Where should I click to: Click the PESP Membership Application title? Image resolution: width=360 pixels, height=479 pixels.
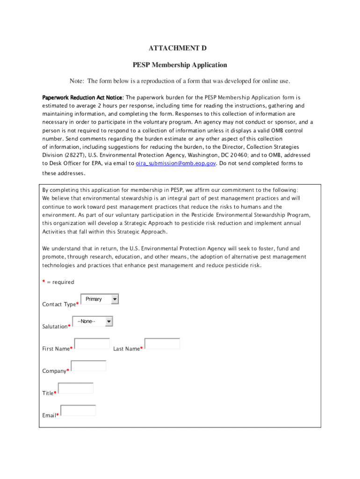(x=180, y=65)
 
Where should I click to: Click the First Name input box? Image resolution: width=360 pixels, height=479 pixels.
(x=92, y=344)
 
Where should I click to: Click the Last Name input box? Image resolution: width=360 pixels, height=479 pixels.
(x=162, y=344)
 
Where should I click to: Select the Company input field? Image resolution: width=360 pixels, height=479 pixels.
(x=88, y=366)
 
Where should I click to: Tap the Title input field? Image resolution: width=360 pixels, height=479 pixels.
(x=76, y=388)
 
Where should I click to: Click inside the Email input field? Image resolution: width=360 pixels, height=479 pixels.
(x=78, y=410)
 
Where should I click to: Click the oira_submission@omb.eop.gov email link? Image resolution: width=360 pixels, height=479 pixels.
(x=176, y=163)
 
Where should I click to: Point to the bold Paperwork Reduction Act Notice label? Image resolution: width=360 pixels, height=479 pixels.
(x=83, y=98)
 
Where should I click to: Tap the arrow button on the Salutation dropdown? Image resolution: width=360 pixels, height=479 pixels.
(x=109, y=321)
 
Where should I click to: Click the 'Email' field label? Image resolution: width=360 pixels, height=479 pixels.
(x=49, y=415)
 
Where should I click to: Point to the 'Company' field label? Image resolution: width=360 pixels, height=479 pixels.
(x=54, y=371)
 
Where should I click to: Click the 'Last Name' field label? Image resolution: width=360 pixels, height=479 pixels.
(x=126, y=349)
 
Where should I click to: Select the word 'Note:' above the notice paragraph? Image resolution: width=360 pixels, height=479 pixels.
(x=77, y=81)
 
